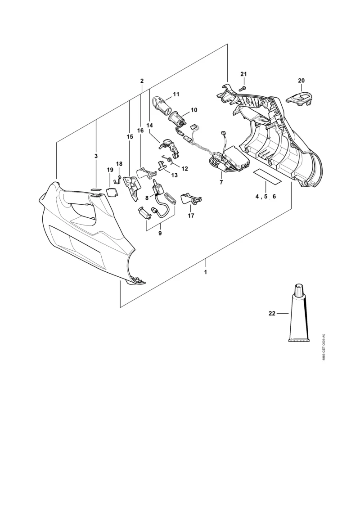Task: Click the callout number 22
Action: [x=272, y=313]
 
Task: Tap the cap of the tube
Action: [x=298, y=289]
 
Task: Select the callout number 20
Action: [x=301, y=81]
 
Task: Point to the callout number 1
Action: [x=206, y=272]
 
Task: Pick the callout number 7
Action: [x=221, y=182]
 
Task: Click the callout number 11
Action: [x=176, y=94]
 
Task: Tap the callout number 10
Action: [x=194, y=110]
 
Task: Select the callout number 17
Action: [x=191, y=216]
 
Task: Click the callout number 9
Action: [x=160, y=233]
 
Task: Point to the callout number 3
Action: [x=96, y=156]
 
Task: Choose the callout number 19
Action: [x=110, y=170]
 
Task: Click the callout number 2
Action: [x=142, y=81]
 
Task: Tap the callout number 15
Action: [x=130, y=137]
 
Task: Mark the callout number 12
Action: [x=184, y=168]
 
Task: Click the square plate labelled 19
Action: [x=112, y=192]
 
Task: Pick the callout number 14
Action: [x=150, y=125]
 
